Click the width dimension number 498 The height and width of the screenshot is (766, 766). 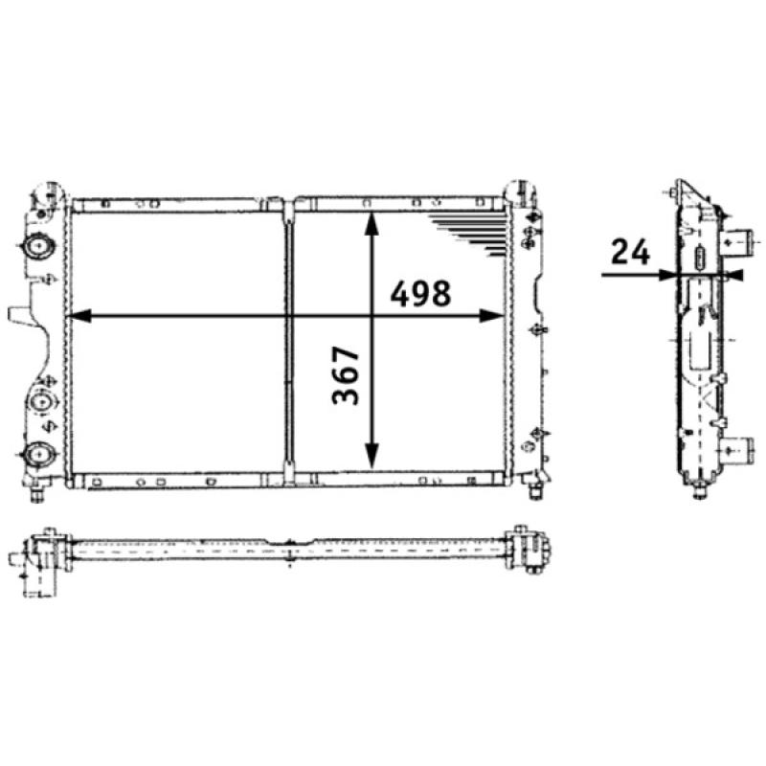[419, 294]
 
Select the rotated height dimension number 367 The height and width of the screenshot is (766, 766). [347, 375]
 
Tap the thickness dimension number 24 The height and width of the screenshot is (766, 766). [630, 253]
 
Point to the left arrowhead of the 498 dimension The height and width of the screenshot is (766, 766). [79, 315]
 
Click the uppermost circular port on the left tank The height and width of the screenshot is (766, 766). [39, 247]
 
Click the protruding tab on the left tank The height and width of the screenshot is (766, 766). [18, 315]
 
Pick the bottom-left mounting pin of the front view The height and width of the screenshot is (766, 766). [37, 493]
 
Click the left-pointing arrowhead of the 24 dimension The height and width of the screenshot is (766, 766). [733, 276]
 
